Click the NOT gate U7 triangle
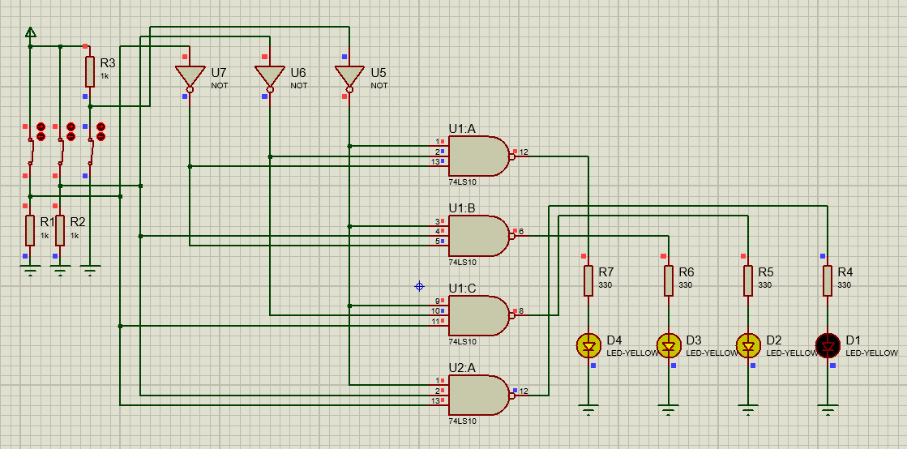190,76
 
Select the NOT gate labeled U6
270,76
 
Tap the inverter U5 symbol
349,76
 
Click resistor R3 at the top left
90,71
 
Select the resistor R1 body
30,230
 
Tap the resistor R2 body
60,230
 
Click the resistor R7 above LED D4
588,280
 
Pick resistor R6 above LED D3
669,280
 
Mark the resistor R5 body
748,280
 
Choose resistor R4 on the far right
828,280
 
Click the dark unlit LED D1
828,347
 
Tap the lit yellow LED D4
588,347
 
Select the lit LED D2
748,347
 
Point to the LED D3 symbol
669,347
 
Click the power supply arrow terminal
30,32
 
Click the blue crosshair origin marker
419,286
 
